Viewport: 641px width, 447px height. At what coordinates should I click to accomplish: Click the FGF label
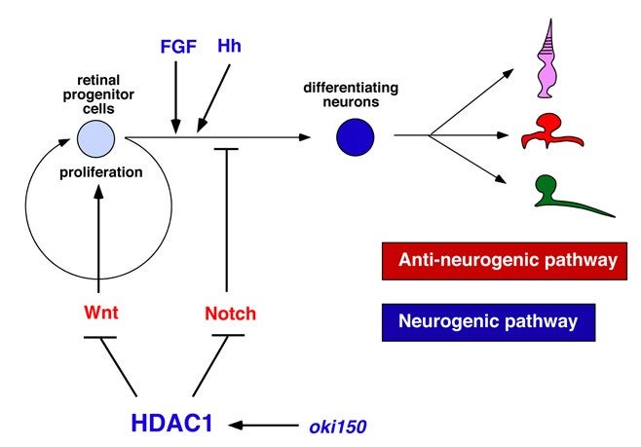point(178,47)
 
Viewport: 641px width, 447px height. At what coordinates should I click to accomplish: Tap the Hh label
point(229,46)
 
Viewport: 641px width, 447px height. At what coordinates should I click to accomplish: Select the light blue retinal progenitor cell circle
point(96,138)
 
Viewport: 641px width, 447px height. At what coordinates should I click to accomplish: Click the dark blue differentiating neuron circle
point(356,137)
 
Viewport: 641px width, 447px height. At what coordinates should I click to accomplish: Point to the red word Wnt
point(101,313)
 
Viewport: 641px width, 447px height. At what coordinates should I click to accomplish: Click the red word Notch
point(230,314)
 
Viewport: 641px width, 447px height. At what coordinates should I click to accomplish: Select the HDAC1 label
point(172,423)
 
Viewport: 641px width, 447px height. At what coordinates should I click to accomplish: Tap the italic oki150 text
point(338,427)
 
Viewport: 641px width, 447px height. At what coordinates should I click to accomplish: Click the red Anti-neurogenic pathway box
point(505,261)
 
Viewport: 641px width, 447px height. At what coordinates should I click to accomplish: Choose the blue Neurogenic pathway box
point(488,322)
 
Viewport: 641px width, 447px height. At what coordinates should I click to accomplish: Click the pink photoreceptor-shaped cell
point(548,60)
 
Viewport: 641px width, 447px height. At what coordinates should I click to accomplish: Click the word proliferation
point(101,172)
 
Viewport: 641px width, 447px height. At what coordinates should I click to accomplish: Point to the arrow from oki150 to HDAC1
point(264,426)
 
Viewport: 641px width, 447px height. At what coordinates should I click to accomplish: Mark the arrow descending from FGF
point(175,97)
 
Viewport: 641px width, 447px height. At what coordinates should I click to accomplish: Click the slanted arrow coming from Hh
point(213,98)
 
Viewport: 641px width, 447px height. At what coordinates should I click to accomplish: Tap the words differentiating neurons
point(351,94)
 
